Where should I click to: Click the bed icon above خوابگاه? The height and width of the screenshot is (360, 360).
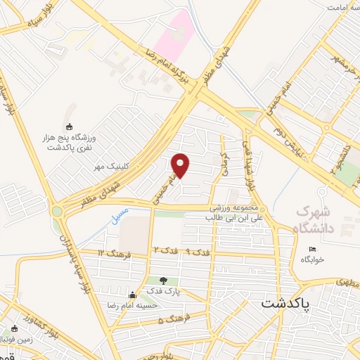point(313,249)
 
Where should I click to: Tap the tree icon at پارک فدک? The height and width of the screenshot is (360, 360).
point(164,281)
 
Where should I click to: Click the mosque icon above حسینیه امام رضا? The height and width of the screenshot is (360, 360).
point(131,294)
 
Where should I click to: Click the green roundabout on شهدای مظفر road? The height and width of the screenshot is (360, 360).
point(56,211)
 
